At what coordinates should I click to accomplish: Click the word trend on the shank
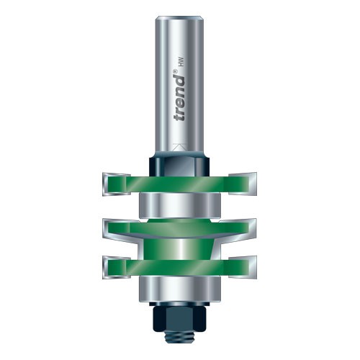[x=179, y=100]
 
